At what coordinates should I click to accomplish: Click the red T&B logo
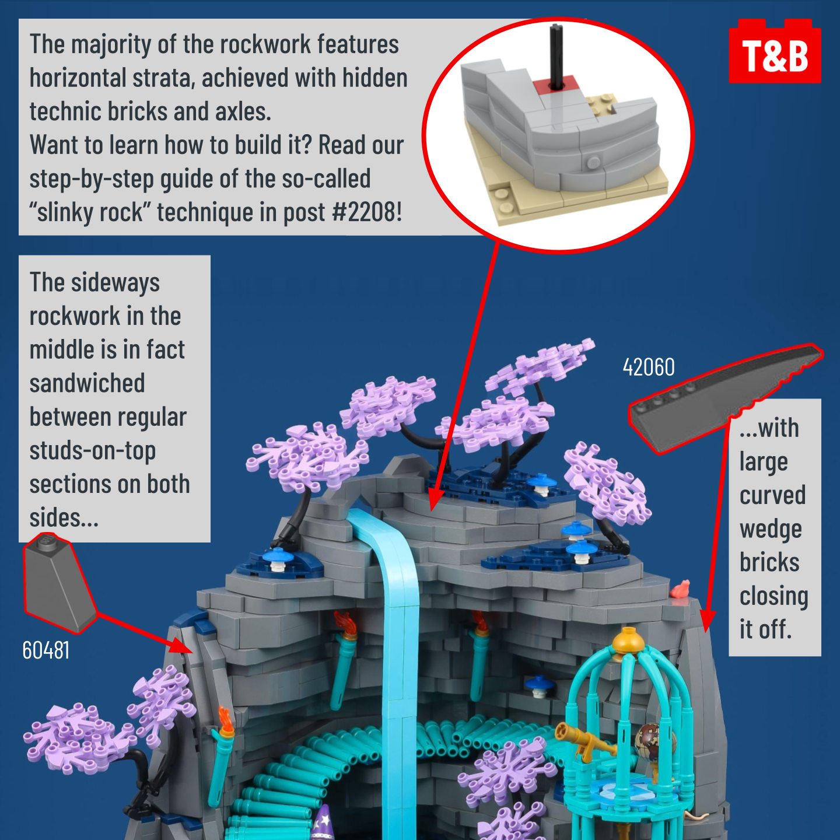(x=775, y=51)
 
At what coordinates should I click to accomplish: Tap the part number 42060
(x=648, y=367)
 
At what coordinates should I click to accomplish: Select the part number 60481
(x=45, y=650)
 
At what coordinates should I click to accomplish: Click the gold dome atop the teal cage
(x=627, y=639)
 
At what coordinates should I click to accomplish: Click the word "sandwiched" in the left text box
(x=87, y=383)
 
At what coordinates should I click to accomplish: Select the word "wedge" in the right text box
(x=771, y=530)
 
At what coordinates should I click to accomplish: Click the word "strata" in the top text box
(x=161, y=78)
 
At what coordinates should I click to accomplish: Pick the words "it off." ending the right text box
(x=765, y=629)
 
